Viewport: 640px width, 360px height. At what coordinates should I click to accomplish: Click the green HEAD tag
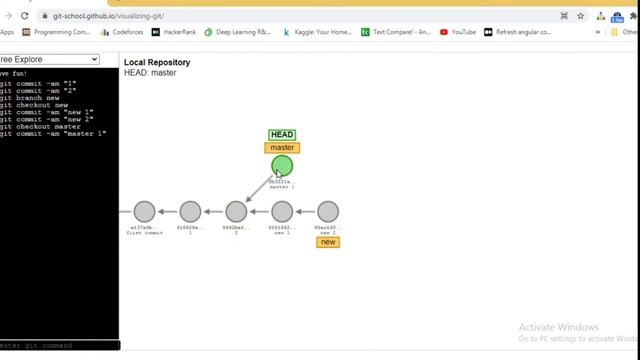coord(282,135)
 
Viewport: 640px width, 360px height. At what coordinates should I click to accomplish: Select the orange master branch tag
coord(282,148)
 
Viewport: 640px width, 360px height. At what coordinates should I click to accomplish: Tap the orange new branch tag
coord(328,242)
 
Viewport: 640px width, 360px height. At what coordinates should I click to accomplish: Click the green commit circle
coord(282,166)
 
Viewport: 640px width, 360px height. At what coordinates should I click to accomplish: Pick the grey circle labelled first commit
coord(145,211)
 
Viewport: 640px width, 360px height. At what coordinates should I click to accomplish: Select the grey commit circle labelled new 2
coord(328,211)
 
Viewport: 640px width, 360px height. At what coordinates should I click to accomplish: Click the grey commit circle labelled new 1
coord(282,211)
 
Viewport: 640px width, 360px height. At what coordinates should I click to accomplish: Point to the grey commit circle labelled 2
coord(236,211)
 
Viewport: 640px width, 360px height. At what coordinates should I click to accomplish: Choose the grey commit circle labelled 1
coord(190,211)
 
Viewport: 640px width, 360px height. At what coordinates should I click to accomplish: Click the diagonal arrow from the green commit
coord(260,188)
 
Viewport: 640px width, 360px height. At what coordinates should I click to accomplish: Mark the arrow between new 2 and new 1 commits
coord(305,211)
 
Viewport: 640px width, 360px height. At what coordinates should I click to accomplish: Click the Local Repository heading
coord(157,62)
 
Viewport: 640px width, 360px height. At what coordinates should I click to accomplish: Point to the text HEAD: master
coord(150,73)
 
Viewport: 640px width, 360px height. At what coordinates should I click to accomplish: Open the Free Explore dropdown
coord(50,60)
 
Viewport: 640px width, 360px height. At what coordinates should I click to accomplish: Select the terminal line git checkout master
coord(40,126)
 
